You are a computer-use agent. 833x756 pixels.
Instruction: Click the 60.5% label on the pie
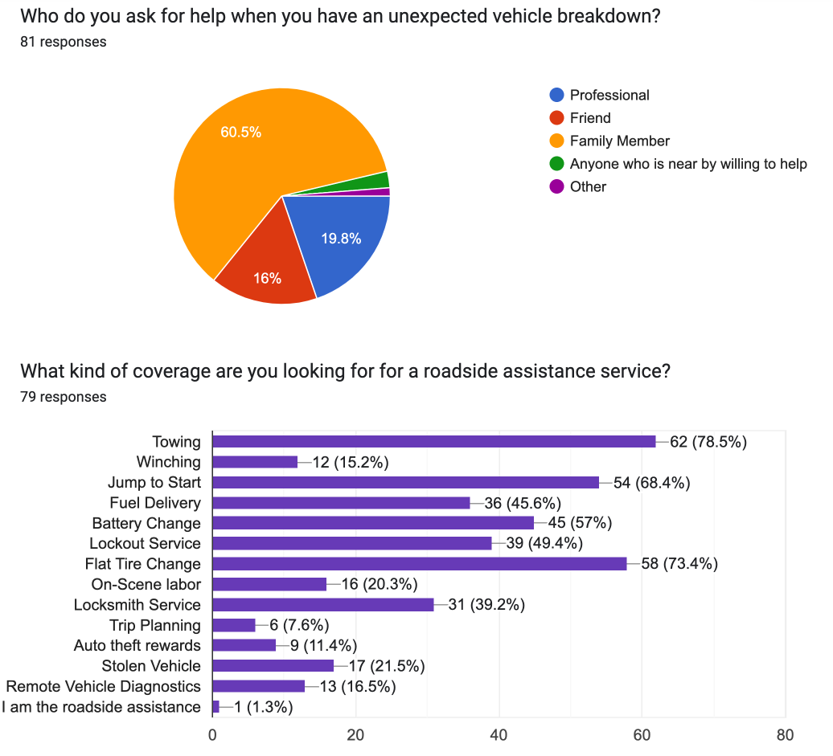pos(241,133)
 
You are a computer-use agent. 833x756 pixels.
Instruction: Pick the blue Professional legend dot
pos(556,95)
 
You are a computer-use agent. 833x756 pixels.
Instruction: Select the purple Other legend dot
pos(556,186)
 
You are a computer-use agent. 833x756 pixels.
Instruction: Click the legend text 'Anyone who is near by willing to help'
pos(688,164)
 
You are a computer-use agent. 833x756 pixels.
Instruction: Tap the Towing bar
pos(434,441)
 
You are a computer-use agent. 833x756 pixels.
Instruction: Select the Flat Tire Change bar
pos(418,563)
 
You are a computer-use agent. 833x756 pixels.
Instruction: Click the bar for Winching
pos(255,462)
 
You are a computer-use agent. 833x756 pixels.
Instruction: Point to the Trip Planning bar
pos(233,625)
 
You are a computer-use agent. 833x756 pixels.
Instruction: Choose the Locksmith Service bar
pos(322,604)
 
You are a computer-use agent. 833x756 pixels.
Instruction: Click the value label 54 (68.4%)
pos(651,482)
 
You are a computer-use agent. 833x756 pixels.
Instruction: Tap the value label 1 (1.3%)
pos(263,707)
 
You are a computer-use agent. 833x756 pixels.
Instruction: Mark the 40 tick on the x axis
pos(499,735)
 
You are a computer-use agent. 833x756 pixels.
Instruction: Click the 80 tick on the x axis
pos(785,735)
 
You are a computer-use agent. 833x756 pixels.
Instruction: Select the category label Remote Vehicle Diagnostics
pos(103,686)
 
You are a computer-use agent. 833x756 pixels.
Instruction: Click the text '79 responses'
pos(63,397)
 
